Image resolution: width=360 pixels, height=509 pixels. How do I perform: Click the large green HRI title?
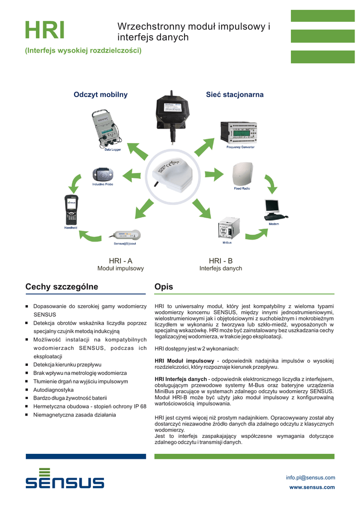pyautogui.click(x=45, y=30)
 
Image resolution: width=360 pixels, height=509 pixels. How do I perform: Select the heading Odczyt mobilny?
pyautogui.click(x=100, y=94)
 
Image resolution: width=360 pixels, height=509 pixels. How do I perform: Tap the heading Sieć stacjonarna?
pyautogui.click(x=235, y=94)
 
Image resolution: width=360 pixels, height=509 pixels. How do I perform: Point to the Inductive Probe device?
pyautogui.click(x=103, y=175)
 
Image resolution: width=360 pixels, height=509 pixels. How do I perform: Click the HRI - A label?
pyautogui.click(x=120, y=261)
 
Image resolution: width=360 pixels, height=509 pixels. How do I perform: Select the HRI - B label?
pyautogui.click(x=220, y=261)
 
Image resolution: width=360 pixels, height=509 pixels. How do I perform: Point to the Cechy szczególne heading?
pyautogui.click(x=62, y=287)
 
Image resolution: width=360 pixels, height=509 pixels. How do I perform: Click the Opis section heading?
pyautogui.click(x=164, y=287)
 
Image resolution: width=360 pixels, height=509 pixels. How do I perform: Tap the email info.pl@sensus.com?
pyautogui.click(x=310, y=478)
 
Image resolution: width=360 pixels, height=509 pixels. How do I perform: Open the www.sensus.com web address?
pyautogui.click(x=312, y=487)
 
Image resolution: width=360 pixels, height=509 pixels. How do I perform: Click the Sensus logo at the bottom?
pyautogui.click(x=65, y=479)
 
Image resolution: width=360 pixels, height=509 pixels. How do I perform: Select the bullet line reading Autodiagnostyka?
pyautogui.click(x=53, y=390)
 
